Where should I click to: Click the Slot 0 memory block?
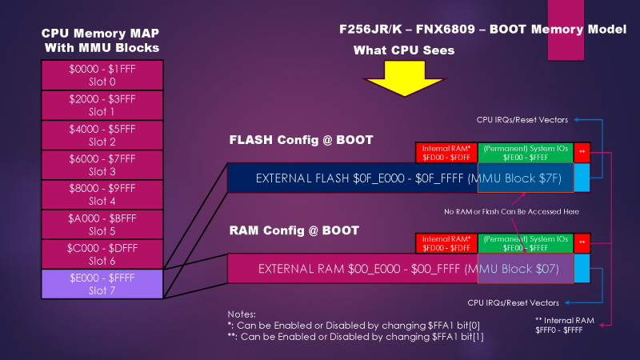[x=102, y=75]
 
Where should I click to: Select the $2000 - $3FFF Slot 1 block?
[x=102, y=106]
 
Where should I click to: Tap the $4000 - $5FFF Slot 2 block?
[x=102, y=135]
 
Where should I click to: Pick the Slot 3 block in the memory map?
[x=102, y=165]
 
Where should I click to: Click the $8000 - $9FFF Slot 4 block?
[x=102, y=194]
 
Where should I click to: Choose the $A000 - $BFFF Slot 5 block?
[x=102, y=224]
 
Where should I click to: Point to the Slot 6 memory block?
[x=102, y=254]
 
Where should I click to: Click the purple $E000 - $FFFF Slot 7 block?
[x=102, y=284]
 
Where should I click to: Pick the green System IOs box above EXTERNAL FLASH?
[x=524, y=152]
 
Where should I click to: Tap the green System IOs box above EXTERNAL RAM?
[x=524, y=242]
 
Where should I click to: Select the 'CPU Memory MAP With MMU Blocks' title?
[x=101, y=41]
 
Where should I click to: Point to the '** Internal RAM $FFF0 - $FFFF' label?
[x=566, y=324]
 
